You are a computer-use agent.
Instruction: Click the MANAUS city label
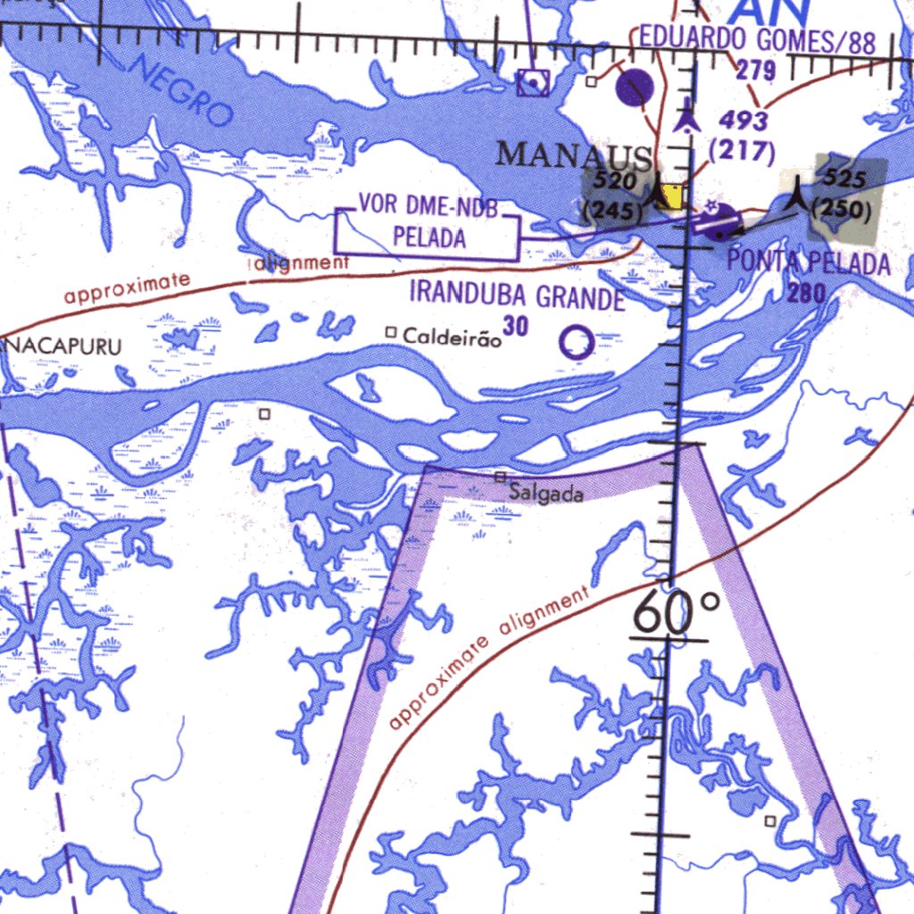pos(573,155)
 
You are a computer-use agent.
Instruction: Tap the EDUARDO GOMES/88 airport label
pos(757,40)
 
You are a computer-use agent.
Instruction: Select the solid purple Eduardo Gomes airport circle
pos(636,87)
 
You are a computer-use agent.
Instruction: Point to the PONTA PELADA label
pos(809,263)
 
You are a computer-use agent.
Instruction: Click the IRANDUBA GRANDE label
pos(517,295)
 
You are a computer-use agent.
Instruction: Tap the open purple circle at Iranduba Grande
pos(577,343)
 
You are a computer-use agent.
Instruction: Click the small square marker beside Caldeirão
pos(390,333)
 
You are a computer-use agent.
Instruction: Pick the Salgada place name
pos(546,493)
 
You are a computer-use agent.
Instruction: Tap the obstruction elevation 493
pos(743,120)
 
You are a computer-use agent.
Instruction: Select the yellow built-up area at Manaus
pos(670,196)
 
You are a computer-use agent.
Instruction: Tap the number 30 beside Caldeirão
pos(515,328)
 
